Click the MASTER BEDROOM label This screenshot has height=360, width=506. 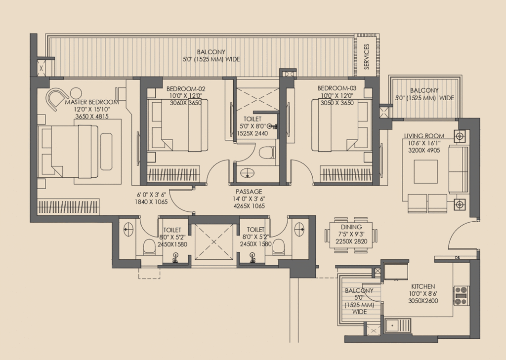point(92,102)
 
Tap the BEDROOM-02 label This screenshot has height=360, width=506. point(186,89)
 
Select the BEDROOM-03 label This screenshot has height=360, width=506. point(337,88)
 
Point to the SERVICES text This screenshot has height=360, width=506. point(367,57)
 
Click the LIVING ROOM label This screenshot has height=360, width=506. point(424,136)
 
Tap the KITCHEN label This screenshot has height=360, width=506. point(423,286)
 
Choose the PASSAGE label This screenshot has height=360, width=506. point(249,192)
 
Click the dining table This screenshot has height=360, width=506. point(351,235)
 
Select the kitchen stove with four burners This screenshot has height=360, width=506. point(461,295)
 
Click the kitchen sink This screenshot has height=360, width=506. point(398,325)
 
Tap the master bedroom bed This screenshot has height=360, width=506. point(68,152)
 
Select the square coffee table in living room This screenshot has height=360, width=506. point(425,172)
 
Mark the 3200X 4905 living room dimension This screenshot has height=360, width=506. point(424,150)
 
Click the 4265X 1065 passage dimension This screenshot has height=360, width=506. point(249,206)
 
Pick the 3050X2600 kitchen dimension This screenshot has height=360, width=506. point(423,301)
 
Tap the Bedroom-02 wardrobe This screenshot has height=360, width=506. point(173,174)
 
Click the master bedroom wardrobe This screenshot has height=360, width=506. point(68,207)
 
